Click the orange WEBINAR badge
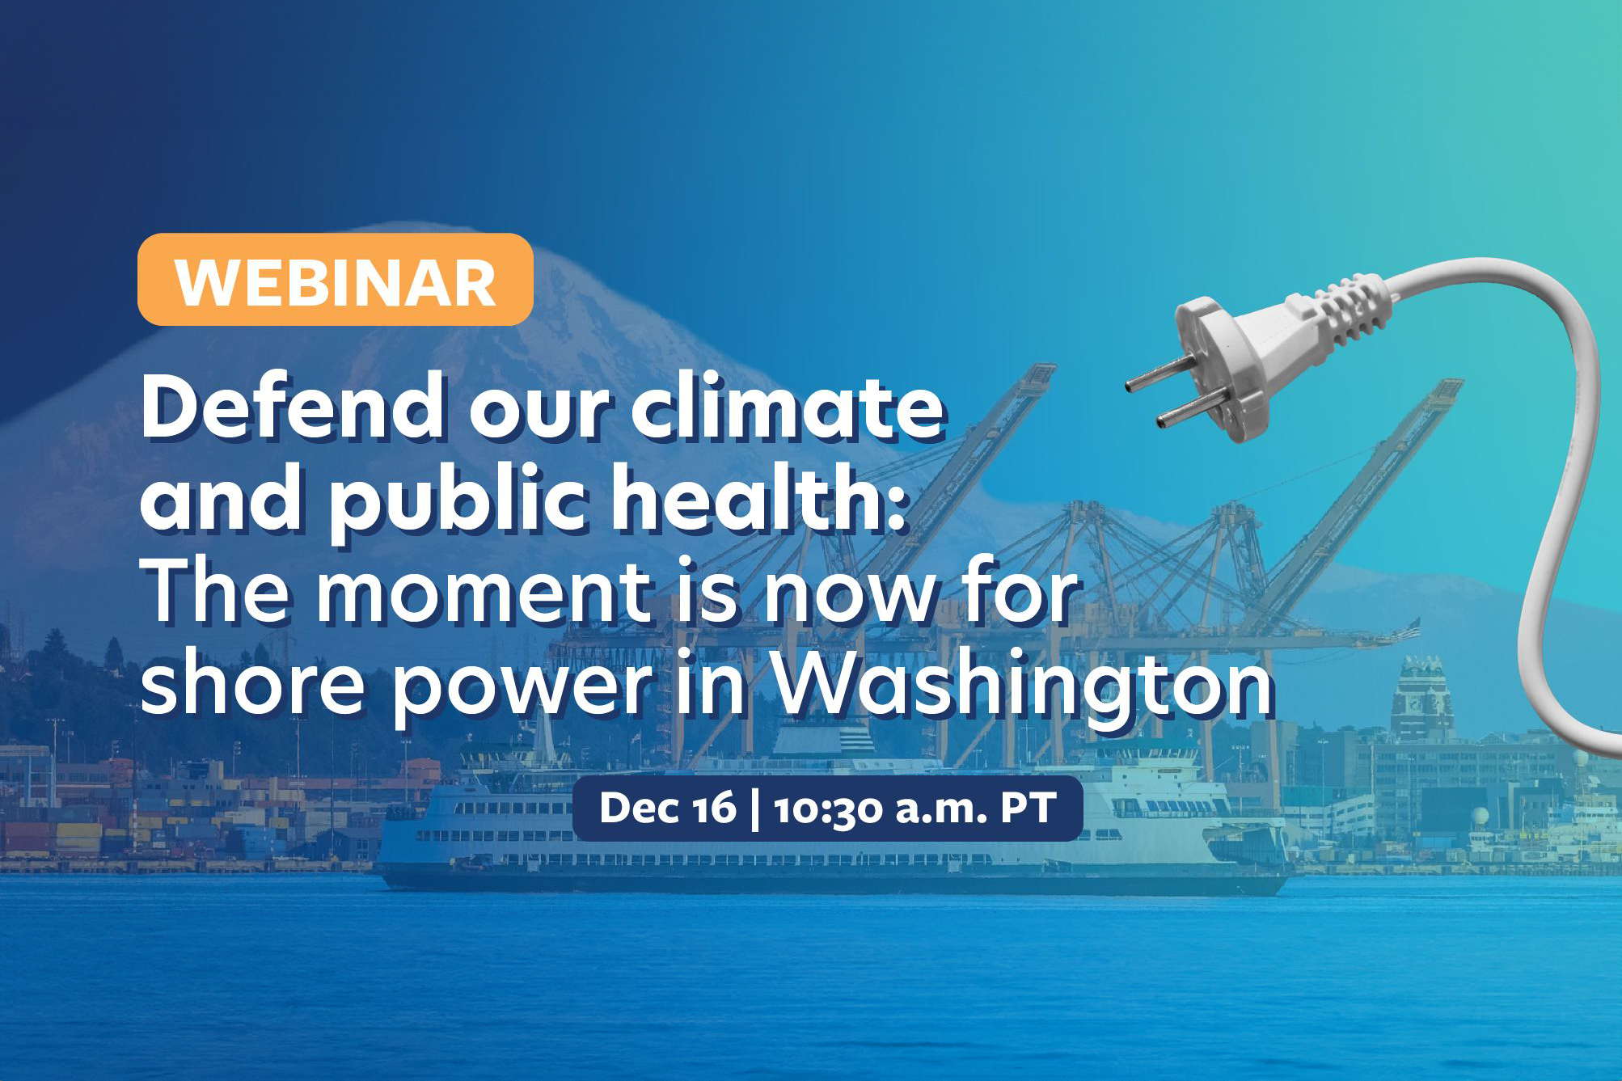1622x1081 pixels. coord(336,280)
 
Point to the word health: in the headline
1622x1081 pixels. coord(758,496)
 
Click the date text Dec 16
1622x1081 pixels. coord(668,808)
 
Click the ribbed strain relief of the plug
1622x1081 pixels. coord(1347,308)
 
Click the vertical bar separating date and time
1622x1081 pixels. coord(755,809)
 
